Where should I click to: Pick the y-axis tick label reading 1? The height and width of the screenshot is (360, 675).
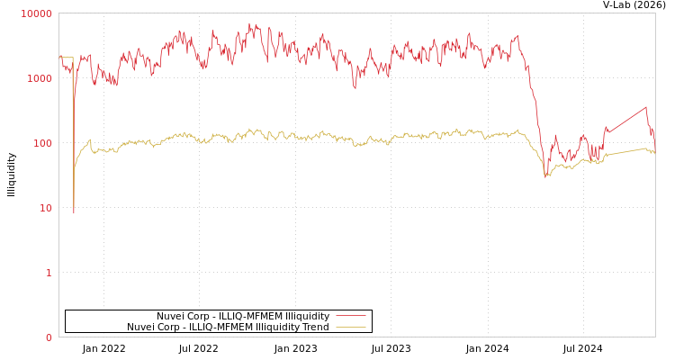pos(49,273)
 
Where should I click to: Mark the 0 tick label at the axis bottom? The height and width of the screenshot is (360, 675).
pos(49,337)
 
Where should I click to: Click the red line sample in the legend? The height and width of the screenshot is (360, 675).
pos(350,316)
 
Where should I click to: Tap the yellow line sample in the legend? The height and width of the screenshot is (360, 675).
pos(350,327)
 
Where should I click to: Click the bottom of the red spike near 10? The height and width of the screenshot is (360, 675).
pos(74,212)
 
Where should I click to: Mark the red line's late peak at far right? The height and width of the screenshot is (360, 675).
pos(645,107)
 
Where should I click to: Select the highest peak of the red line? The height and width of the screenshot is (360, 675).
pos(250,24)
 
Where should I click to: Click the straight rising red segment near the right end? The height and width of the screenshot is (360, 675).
pos(625,118)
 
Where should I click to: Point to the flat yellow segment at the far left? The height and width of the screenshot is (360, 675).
pos(67,58)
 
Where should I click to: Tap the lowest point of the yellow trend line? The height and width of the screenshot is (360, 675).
pos(545,175)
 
